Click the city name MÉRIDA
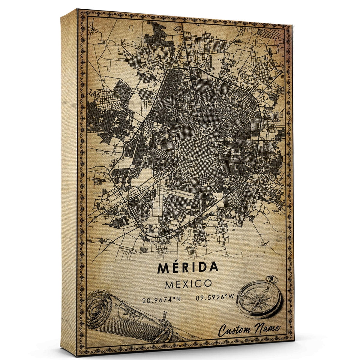click(x=187, y=268)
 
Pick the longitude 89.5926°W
click(x=215, y=298)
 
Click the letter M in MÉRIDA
click(x=162, y=268)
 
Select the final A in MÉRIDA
click(x=213, y=268)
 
